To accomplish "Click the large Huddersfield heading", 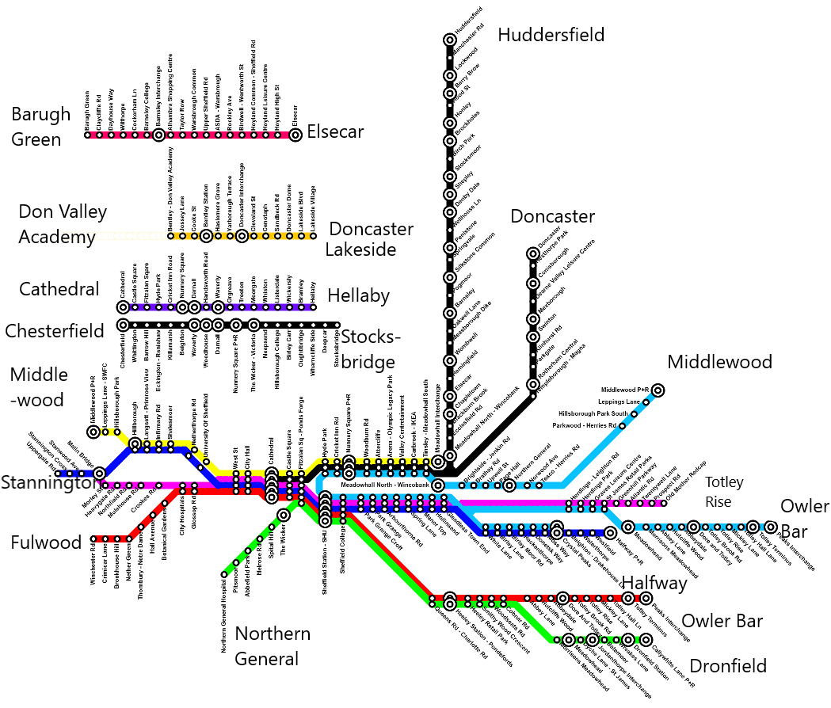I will click(x=551, y=35).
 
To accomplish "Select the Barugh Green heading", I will click(x=41, y=127).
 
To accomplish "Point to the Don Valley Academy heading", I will click(x=62, y=224).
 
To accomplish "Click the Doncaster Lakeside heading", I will click(x=371, y=238).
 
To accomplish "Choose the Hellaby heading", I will click(x=358, y=295).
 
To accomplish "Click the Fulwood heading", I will click(x=46, y=542).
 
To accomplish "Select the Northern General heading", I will click(x=273, y=646).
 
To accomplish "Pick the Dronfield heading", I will click(x=728, y=666).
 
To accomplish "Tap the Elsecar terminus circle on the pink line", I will click(x=295, y=135).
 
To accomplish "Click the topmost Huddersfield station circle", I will click(x=449, y=39).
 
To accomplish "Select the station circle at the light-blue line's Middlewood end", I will click(x=657, y=390).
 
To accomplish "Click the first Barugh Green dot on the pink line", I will click(x=88, y=135).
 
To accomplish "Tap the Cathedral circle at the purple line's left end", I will click(x=123, y=307).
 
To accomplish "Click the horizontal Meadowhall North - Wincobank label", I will click(x=384, y=484).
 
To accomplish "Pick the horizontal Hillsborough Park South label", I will click(x=593, y=413).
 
